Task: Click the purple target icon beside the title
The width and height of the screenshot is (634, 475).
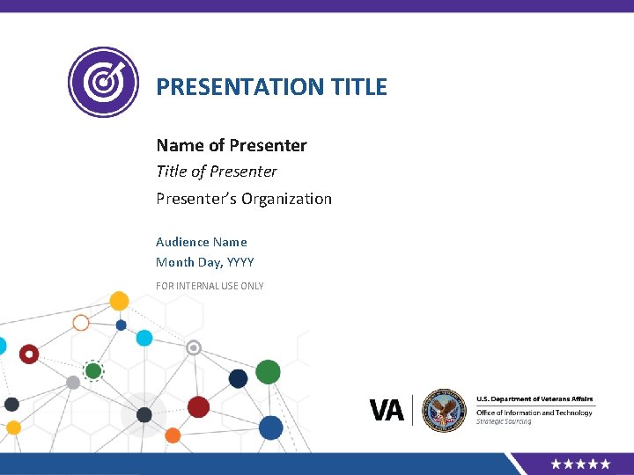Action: coord(103,82)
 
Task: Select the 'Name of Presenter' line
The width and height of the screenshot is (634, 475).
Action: coord(231,145)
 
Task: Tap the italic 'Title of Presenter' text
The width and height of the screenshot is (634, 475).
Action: coord(216,172)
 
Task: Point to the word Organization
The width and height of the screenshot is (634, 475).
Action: coord(287,199)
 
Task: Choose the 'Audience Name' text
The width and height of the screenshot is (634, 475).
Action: coord(201,242)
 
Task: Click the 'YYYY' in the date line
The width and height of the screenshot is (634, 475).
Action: coord(240,262)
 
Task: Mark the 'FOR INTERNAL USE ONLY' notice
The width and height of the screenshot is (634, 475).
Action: coord(210,286)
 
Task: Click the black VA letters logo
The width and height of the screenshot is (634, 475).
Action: coord(387,410)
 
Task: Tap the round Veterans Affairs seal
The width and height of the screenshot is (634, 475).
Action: coord(443,410)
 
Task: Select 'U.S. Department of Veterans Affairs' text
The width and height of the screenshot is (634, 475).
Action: coord(534,399)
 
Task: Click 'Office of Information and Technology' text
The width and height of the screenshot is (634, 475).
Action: coord(534,413)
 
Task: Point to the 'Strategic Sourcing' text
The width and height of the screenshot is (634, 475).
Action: coord(504,422)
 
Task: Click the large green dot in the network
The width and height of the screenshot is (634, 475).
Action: coord(269,372)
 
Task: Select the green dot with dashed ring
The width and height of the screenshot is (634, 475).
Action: coord(93,371)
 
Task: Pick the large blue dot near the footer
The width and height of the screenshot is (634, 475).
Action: coord(271,427)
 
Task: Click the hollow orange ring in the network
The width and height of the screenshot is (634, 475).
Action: coord(81,323)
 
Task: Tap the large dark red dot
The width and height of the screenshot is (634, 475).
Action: coord(198,406)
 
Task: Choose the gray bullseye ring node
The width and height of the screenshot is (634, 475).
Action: coord(195,347)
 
